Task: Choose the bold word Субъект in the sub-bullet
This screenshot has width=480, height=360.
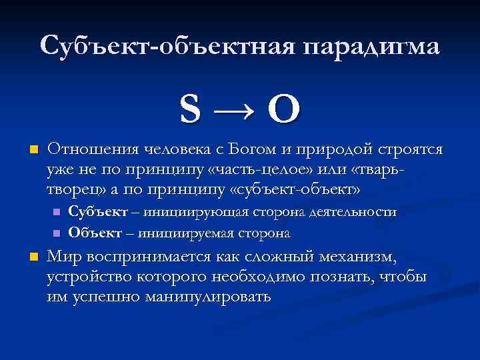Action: point(95,212)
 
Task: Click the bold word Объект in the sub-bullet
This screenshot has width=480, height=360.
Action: point(93,233)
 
